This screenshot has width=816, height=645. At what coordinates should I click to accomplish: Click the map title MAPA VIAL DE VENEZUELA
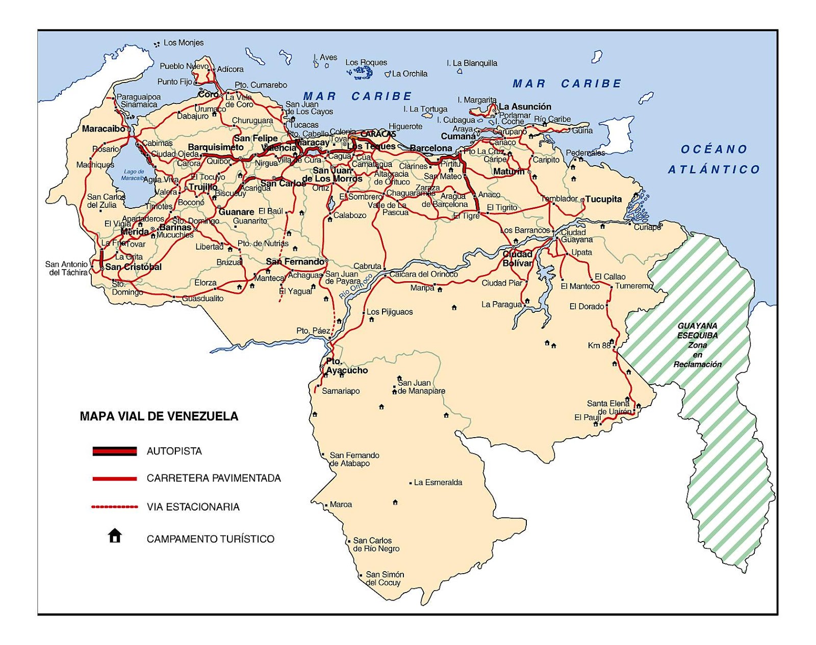pos(159,416)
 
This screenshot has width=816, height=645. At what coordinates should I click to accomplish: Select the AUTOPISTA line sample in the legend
pos(115,451)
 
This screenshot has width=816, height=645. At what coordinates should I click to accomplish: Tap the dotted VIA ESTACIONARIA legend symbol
pos(115,507)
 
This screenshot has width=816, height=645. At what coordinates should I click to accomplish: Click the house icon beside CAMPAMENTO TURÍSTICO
pos(115,536)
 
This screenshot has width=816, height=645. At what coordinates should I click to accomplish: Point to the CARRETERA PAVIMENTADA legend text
pos(214,478)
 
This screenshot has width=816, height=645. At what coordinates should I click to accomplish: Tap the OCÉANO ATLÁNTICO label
pos(714,159)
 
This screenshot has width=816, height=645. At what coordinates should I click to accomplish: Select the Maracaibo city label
pos(104,129)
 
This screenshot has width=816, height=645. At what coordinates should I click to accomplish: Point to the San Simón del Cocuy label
pos(384,578)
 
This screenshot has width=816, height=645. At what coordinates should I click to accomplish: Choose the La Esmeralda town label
pos(438,482)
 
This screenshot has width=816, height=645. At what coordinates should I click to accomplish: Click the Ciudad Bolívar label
pos(517,258)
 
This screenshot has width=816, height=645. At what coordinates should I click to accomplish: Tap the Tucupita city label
pos(603,199)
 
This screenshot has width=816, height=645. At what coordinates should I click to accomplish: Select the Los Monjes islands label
pos(183,43)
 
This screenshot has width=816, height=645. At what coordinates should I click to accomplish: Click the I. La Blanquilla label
pos(472,63)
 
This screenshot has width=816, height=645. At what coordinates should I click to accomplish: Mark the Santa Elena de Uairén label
pos(609,407)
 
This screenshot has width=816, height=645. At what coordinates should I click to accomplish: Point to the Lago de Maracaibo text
pos(133,175)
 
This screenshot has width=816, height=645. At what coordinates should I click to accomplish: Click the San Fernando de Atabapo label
pos(354,459)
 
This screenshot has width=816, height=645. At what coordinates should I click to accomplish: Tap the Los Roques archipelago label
pos(366,62)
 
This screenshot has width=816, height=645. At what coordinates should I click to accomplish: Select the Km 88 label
pos(599,345)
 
